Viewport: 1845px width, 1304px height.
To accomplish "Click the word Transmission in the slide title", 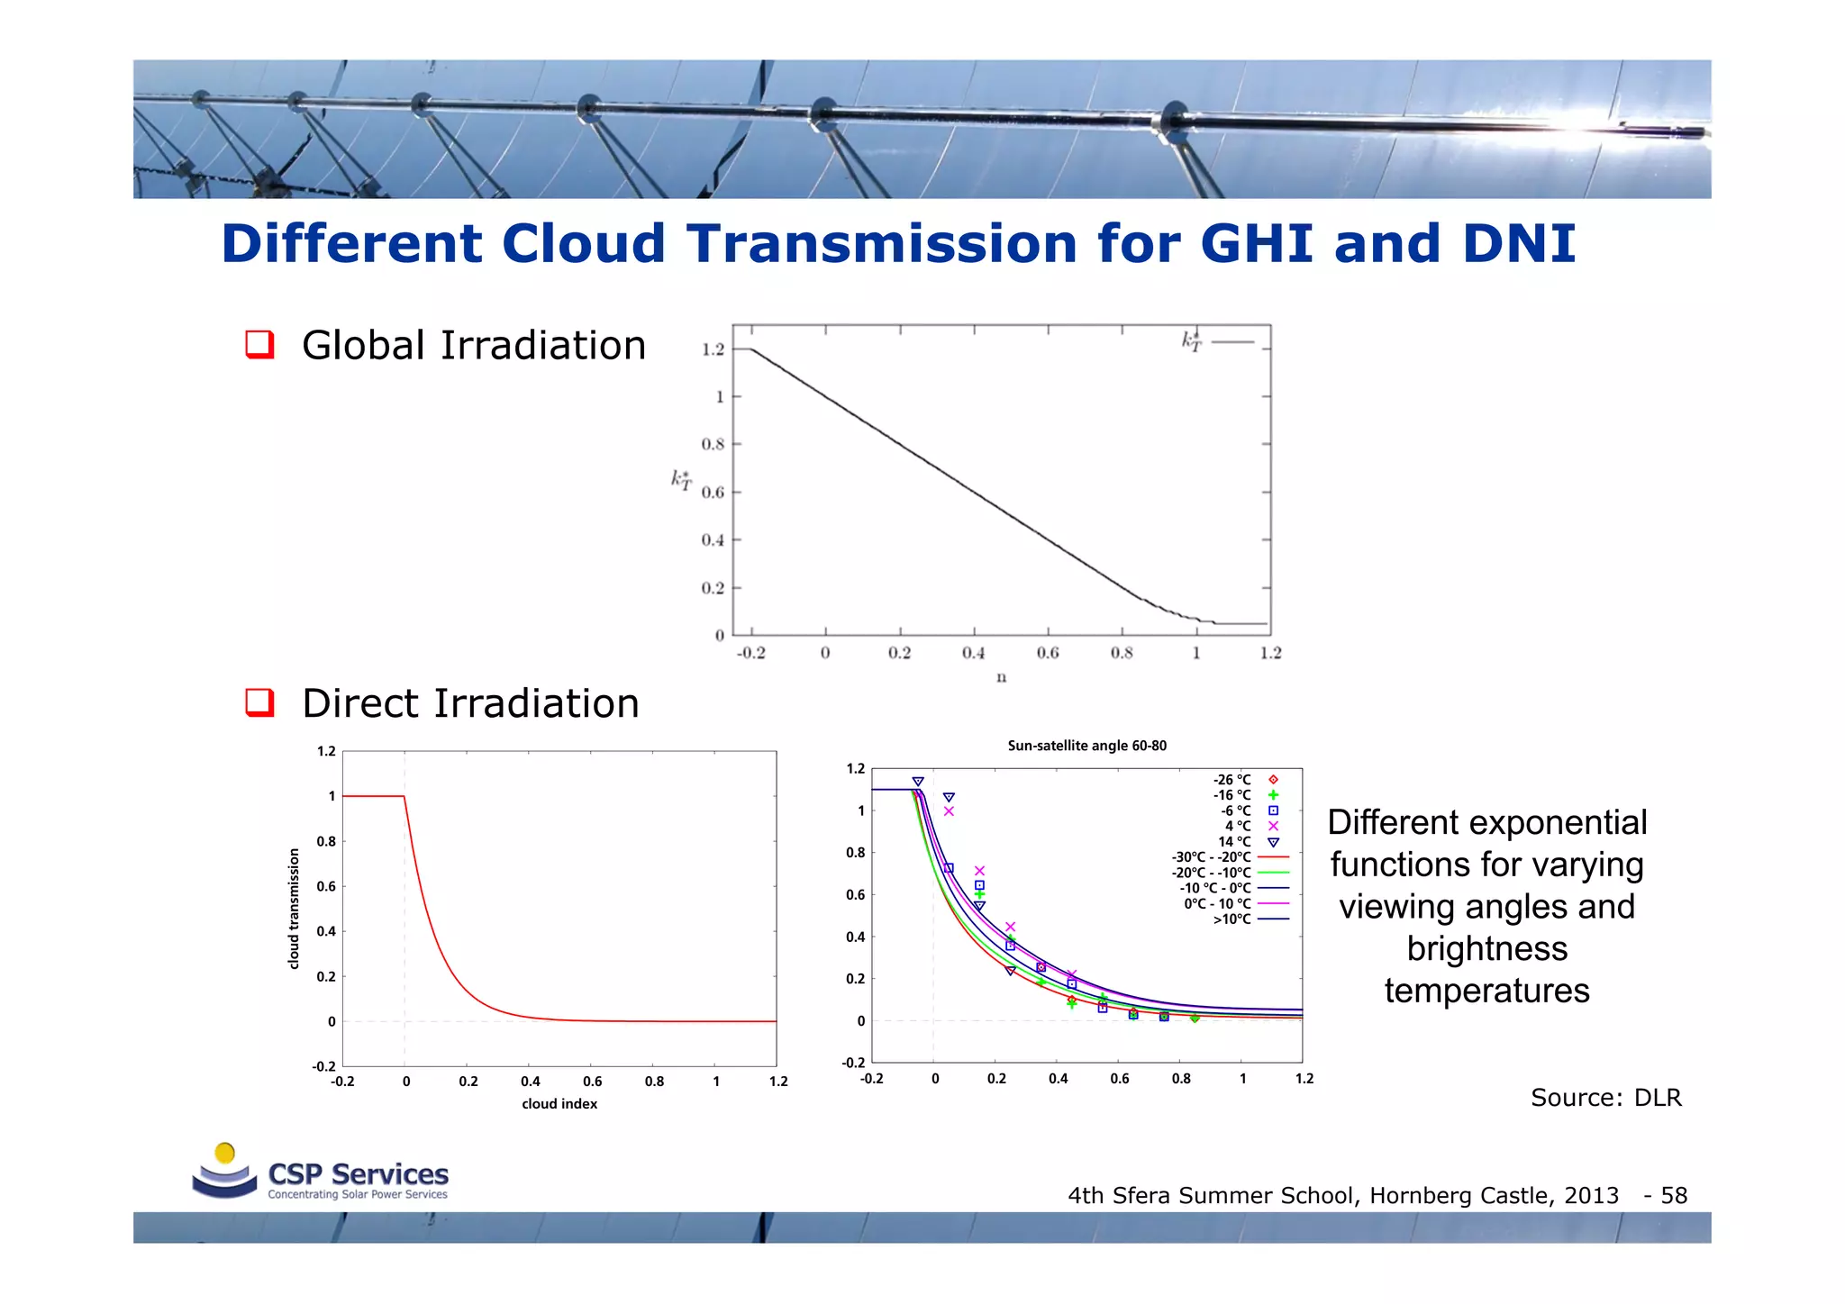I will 882,244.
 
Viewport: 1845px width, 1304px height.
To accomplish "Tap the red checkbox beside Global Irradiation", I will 259,345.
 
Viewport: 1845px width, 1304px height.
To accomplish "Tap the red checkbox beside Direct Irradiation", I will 259,702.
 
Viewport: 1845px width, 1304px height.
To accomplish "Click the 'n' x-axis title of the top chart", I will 1001,677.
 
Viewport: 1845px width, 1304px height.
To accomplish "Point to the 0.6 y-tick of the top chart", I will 713,493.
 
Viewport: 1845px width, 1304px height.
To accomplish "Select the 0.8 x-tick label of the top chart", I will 1122,653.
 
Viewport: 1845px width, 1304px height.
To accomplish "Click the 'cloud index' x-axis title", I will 559,1104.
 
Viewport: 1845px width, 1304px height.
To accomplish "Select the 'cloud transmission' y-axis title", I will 294,909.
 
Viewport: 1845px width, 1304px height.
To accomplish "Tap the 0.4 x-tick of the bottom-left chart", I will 531,1082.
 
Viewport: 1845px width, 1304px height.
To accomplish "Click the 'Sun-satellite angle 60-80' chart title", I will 1086,746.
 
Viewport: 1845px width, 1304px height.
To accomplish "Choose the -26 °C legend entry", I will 1232,780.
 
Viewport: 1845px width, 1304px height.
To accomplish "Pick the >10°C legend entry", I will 1232,919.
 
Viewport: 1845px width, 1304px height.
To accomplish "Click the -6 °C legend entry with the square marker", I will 1236,810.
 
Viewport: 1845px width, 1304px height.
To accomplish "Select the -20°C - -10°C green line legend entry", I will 1212,873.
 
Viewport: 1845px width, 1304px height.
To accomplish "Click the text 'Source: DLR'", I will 1605,1098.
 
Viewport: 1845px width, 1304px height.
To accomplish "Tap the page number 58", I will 1674,1196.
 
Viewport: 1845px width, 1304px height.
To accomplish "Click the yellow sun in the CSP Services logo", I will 225,1154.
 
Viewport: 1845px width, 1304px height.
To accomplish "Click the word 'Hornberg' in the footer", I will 1419,1196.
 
